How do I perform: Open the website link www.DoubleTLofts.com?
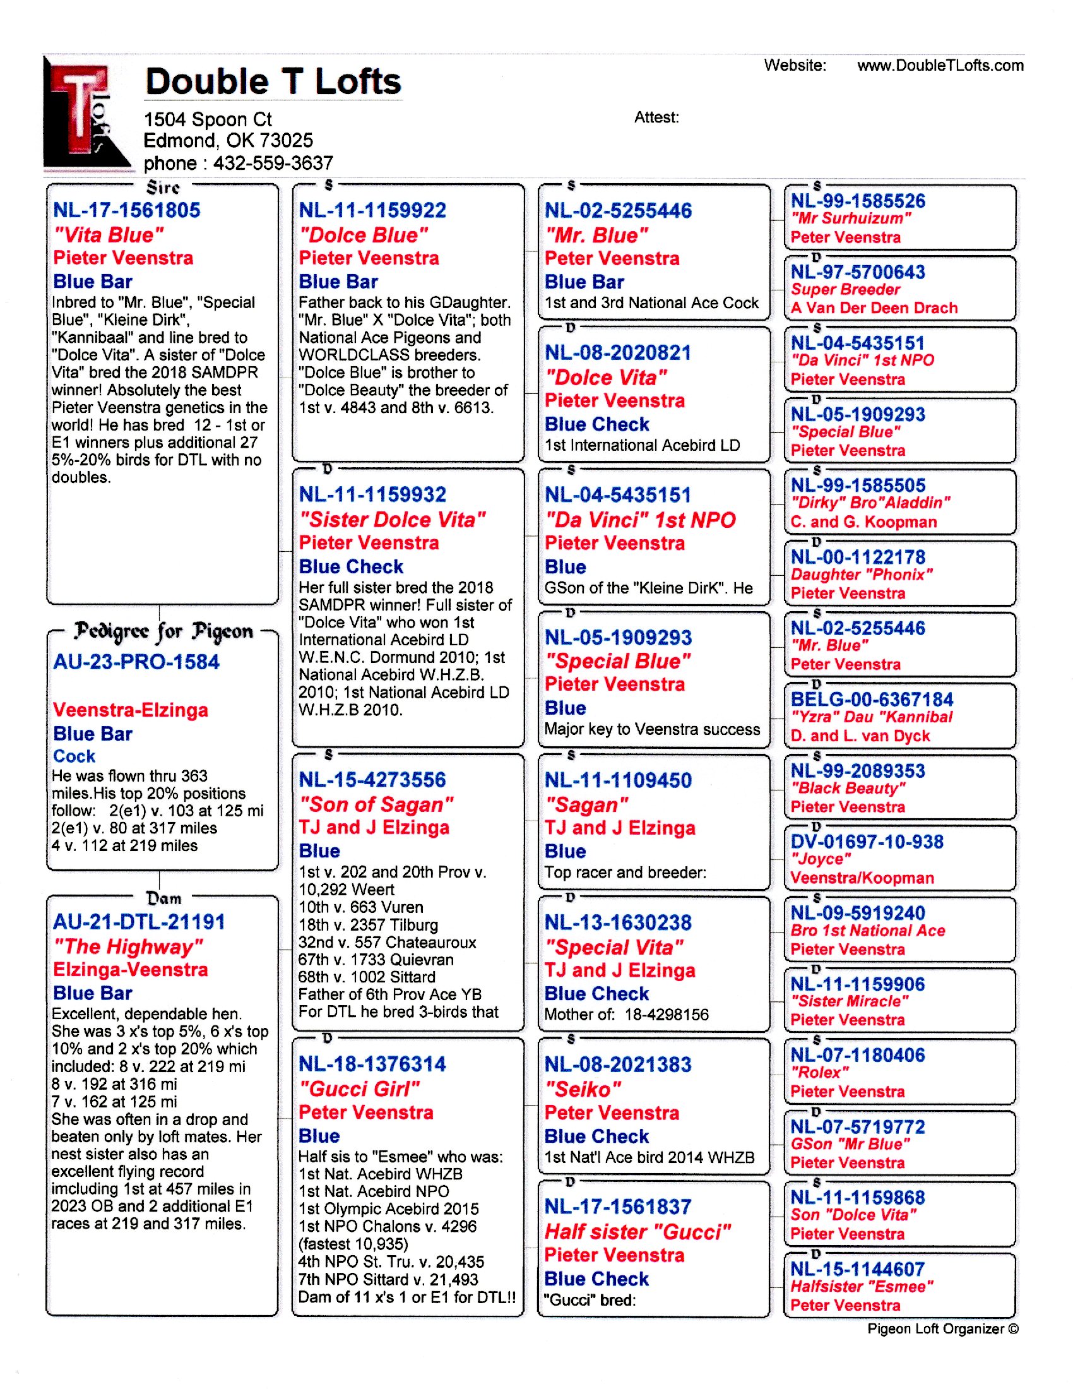940,66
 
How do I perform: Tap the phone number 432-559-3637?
273,164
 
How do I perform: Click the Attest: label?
656,117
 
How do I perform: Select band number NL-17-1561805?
126,210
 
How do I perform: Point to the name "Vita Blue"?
109,235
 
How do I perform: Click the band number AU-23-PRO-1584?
136,662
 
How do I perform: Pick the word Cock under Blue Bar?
74,756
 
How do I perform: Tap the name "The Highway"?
127,947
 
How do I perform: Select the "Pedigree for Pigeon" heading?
163,631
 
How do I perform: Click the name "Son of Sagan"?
376,804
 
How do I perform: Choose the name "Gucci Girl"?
359,1090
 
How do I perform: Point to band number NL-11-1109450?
618,780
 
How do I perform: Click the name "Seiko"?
583,1090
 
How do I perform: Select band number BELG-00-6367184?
872,700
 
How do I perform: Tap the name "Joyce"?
820,859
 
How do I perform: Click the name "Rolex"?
819,1073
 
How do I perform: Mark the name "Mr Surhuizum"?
851,219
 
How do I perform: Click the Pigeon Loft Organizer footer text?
942,1328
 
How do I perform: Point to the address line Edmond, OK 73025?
228,141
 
